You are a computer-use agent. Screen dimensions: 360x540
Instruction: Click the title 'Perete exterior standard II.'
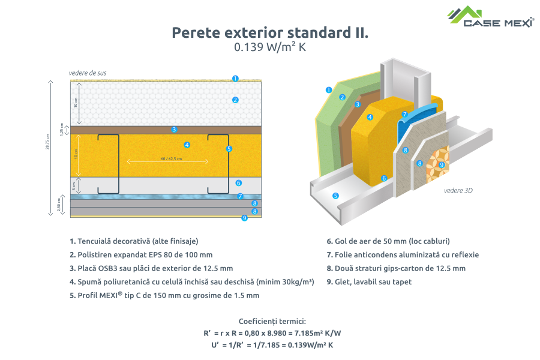[270, 32]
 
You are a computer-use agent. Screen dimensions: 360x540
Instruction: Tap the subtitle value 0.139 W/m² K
[270, 48]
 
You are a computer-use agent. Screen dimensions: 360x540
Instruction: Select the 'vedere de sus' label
[88, 73]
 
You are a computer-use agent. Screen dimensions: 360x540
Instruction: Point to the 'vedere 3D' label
[458, 190]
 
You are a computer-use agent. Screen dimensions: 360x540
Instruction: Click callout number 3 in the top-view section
[174, 129]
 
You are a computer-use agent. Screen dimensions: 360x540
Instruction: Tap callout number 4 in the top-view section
[187, 145]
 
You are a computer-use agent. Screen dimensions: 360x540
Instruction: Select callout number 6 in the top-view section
[238, 183]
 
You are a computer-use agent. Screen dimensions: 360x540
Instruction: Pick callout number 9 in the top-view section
[244, 218]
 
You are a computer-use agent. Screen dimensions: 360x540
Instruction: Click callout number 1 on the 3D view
[329, 90]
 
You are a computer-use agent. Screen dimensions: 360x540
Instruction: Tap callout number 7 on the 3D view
[404, 114]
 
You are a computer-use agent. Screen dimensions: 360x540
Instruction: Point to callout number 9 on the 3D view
[442, 164]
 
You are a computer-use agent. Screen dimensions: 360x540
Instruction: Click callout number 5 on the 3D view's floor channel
[336, 196]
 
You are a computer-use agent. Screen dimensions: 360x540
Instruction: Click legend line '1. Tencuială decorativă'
[134, 241]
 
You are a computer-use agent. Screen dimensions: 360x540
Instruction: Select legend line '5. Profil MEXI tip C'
[164, 295]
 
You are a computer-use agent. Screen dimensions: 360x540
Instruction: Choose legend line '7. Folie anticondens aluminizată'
[403, 254]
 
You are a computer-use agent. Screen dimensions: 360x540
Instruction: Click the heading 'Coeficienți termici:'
[272, 321]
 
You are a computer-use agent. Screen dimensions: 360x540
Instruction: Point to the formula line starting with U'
[272, 345]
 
